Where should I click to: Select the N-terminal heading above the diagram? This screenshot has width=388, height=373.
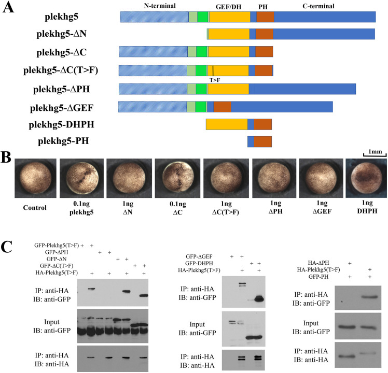[155, 5]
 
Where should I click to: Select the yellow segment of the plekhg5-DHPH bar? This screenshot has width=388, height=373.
[227, 125]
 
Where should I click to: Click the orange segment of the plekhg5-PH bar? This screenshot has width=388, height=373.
[262, 141]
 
